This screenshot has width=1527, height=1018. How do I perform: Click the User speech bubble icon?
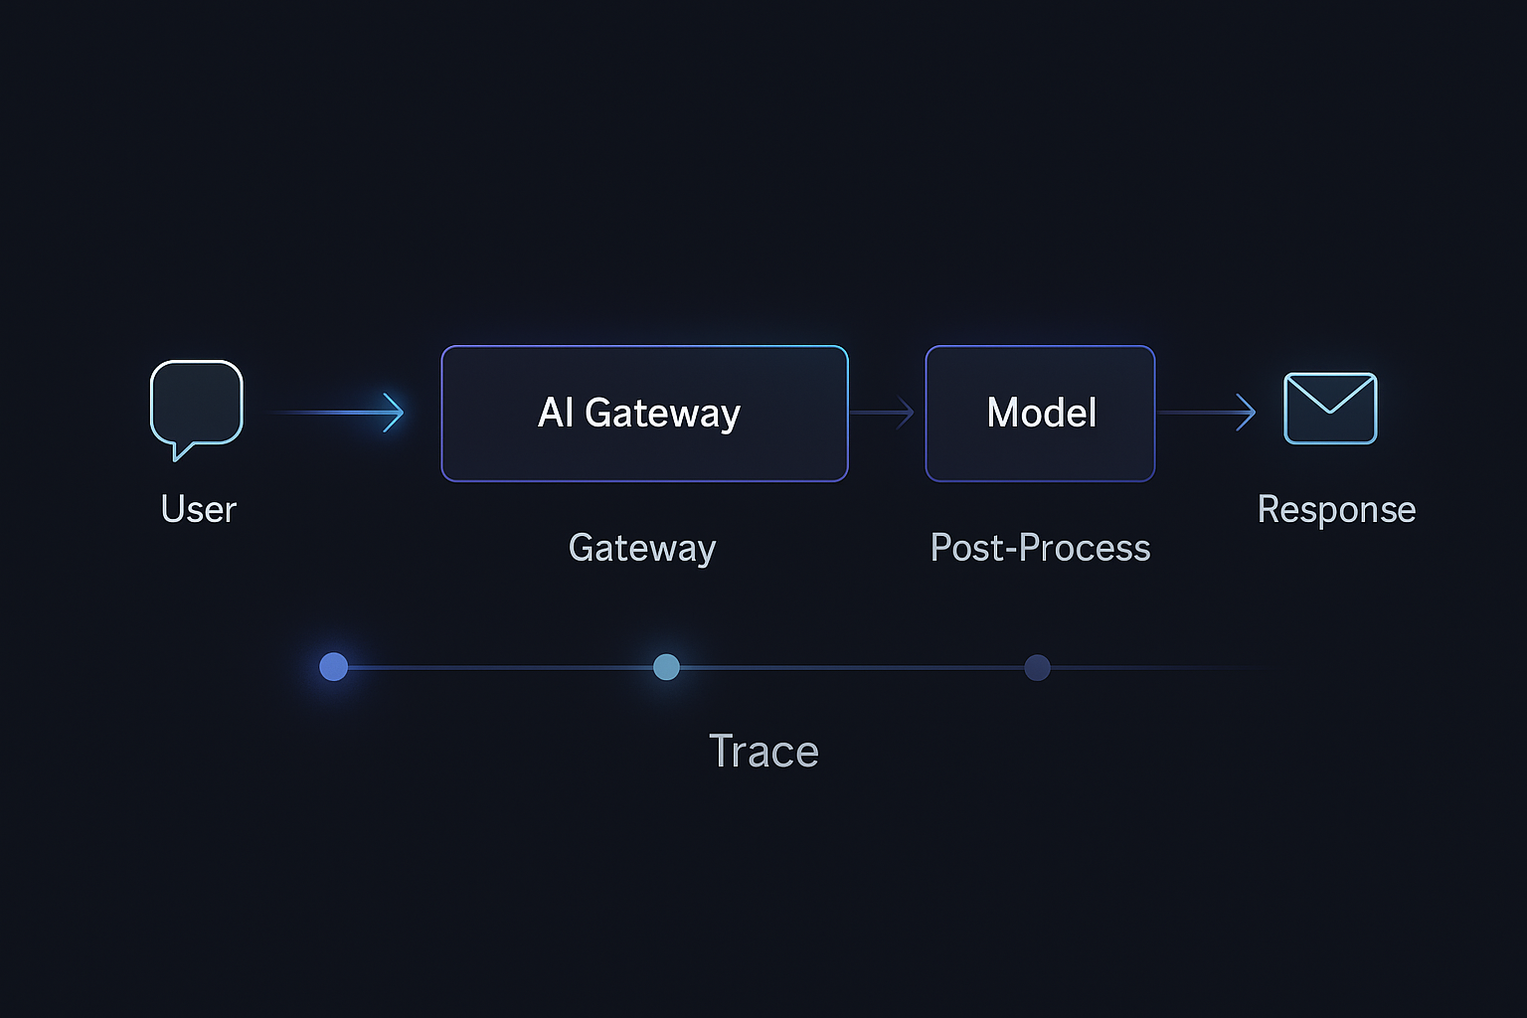click(196, 403)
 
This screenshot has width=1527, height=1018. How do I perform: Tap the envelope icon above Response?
click(1330, 409)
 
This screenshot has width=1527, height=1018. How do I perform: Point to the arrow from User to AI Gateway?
click(338, 412)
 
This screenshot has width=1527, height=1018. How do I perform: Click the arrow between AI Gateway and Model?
click(883, 412)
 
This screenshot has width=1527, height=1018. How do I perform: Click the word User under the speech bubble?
click(199, 509)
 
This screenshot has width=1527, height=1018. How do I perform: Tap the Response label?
click(1336, 509)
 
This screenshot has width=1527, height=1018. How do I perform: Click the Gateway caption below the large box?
click(642, 548)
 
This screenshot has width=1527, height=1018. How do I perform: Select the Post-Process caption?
click(1040, 548)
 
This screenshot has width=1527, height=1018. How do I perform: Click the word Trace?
click(763, 752)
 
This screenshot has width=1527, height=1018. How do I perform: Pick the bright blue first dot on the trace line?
click(334, 667)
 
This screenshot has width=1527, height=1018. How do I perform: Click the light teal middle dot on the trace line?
click(666, 667)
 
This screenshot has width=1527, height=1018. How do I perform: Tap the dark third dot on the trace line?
click(1037, 667)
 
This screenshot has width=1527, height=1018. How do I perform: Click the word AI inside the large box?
click(555, 413)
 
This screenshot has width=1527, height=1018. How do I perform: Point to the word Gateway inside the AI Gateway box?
click(662, 413)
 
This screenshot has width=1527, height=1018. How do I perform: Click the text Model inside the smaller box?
click(1041, 413)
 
